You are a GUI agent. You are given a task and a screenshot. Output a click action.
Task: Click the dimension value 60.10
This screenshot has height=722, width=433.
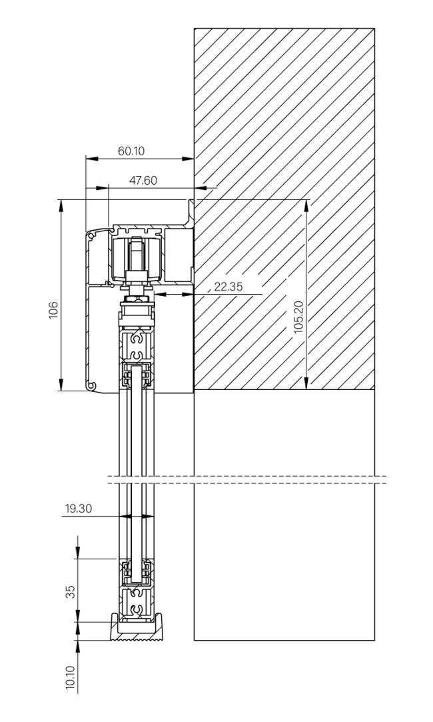pyautogui.click(x=132, y=151)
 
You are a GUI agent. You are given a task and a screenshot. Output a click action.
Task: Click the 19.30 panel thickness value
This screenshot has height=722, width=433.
pyautogui.click(x=79, y=509)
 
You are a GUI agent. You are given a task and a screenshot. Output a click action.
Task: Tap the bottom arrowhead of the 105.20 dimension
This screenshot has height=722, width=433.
pyautogui.click(x=306, y=385)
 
